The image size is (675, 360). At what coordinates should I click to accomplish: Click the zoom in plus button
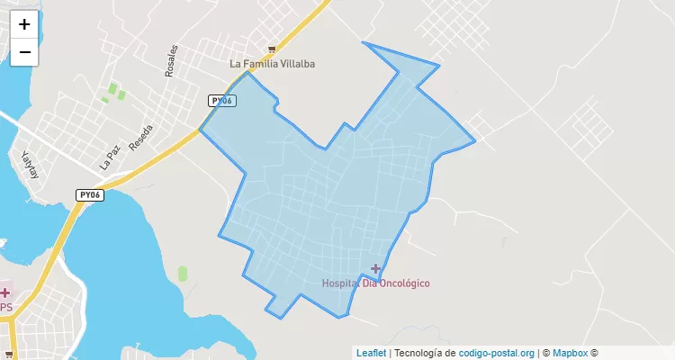pos(24,24)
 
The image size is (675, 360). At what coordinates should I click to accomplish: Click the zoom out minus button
pos(24,52)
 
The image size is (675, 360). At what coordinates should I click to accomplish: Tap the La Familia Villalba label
pos(273,64)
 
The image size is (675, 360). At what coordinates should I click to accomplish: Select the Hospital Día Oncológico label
pos(375,283)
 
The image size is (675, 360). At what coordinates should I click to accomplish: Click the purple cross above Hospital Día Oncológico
pos(375,268)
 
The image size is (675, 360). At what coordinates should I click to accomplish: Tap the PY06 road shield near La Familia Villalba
pos(221,101)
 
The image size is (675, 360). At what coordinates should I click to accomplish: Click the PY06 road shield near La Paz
pos(89,194)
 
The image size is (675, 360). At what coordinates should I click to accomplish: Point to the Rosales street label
pos(172,61)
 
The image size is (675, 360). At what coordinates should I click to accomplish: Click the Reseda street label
pos(140,137)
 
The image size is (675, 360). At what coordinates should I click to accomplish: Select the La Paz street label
pos(110,159)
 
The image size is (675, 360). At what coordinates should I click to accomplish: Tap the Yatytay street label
pos(32,166)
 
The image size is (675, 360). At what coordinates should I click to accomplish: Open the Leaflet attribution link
pos(371,353)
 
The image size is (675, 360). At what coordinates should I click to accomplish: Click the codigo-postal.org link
pos(497,353)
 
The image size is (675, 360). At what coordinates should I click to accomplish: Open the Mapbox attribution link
pos(570,353)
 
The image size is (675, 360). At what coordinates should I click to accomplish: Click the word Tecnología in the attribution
pos(419,353)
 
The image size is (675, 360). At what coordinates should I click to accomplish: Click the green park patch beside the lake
pos(183,273)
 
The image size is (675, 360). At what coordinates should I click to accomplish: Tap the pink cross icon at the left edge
pos(4,292)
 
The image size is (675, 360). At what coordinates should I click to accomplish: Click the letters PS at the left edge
pos(6,308)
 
